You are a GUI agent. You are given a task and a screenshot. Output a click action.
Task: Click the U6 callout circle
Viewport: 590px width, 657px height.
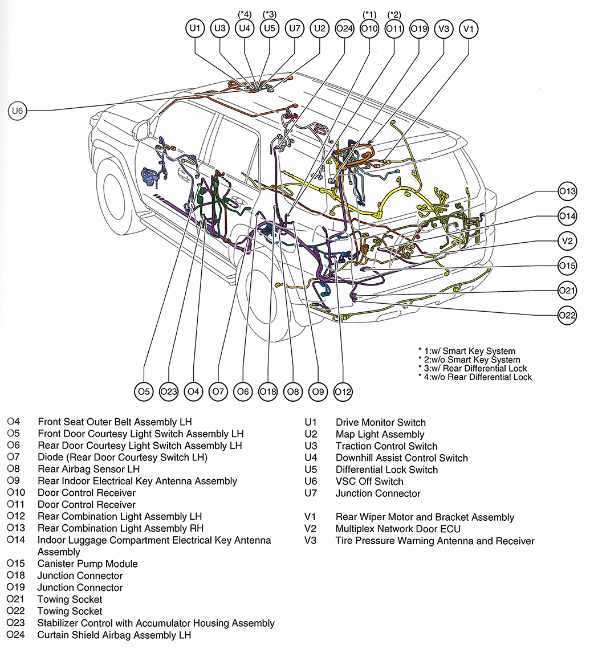(x=18, y=111)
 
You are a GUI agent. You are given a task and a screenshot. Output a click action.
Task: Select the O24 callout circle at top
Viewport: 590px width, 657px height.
(x=344, y=28)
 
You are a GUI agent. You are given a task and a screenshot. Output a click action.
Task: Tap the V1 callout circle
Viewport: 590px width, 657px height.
(x=469, y=28)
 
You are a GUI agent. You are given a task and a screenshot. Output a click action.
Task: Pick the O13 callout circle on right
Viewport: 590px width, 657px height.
(x=567, y=192)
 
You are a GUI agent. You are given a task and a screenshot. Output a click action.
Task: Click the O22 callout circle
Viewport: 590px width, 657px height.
(x=567, y=315)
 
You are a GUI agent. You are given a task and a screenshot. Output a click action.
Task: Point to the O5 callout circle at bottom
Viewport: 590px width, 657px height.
(x=144, y=391)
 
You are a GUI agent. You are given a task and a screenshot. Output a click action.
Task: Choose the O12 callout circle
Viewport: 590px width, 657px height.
(x=343, y=391)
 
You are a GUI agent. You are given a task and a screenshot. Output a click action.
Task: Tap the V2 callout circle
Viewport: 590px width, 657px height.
(x=567, y=241)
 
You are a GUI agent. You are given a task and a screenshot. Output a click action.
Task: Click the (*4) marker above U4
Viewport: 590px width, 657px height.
(x=245, y=14)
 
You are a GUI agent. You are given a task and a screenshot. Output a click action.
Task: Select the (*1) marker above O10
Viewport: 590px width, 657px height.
(x=369, y=14)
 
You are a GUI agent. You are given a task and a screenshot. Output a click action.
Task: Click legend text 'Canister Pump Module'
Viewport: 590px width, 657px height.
(x=87, y=564)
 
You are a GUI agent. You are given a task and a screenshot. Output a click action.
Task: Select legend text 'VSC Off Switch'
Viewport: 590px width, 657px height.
(x=369, y=481)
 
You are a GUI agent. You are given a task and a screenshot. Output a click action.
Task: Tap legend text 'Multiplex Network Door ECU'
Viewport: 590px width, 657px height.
(x=398, y=529)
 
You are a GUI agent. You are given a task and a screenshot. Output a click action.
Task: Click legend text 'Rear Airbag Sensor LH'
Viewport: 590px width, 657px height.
(x=88, y=469)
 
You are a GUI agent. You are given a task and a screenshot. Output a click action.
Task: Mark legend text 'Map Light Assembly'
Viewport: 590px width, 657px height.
(x=380, y=434)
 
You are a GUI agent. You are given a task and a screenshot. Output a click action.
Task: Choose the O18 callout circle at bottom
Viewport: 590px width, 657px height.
(x=268, y=391)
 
